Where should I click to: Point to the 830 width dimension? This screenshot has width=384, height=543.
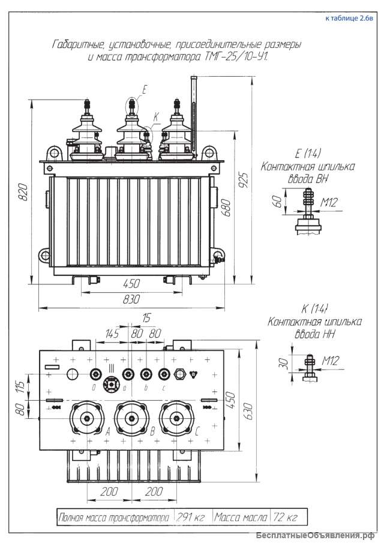tap(131, 299)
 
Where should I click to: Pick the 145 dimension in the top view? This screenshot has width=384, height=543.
tap(112, 333)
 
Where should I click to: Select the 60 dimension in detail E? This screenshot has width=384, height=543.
tap(277, 201)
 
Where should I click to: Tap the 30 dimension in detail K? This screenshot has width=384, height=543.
tap(284, 362)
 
